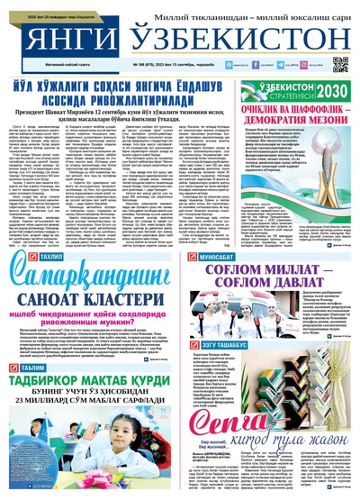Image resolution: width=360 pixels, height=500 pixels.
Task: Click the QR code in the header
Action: [339, 65]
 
